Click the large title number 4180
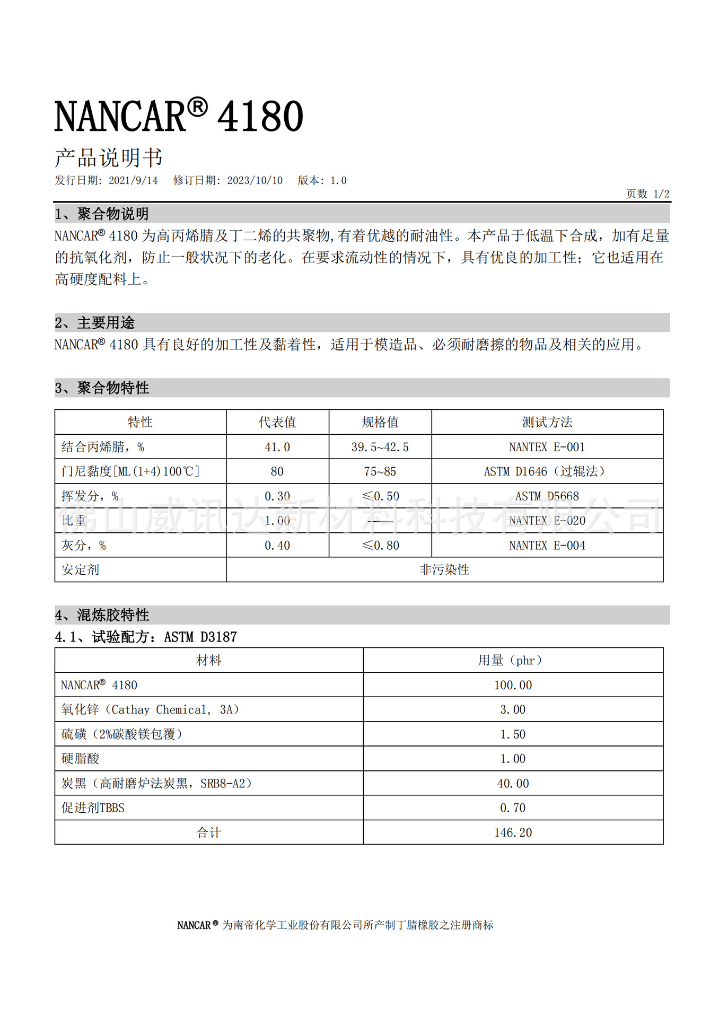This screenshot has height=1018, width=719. (260, 116)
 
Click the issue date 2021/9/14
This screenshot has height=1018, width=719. (133, 181)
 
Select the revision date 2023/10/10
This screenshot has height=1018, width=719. (255, 181)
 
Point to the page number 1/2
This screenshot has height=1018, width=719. (661, 194)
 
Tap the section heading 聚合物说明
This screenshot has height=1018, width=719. (112, 214)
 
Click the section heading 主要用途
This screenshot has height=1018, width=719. (106, 322)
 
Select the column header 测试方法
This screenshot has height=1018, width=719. (547, 422)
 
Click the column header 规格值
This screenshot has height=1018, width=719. (380, 422)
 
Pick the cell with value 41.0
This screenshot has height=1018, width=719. (277, 447)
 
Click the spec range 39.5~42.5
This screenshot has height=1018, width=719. (380, 447)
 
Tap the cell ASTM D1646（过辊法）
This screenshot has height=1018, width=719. (545, 471)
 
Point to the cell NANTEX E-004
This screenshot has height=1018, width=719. (547, 545)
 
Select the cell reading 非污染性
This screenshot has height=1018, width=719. (444, 569)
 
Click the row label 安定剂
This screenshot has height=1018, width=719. (80, 569)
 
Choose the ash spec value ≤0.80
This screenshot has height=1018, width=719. (380, 545)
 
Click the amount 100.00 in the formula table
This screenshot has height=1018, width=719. (513, 685)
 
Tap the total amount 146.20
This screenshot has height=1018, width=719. (513, 832)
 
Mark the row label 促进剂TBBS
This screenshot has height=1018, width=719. (93, 808)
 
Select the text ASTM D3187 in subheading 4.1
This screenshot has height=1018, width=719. (200, 637)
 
